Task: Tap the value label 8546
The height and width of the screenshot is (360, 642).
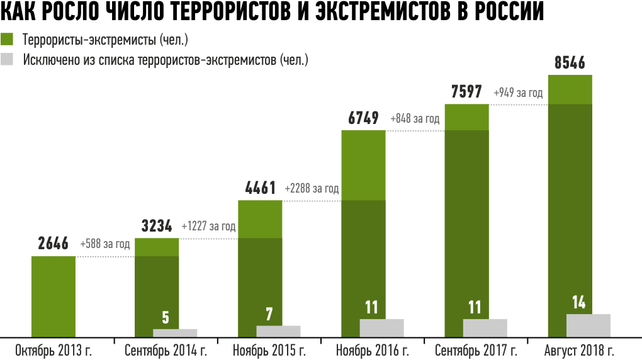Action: click(x=570, y=63)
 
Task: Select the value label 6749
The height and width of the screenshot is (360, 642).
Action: click(x=363, y=118)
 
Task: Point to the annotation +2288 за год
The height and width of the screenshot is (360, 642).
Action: click(x=312, y=188)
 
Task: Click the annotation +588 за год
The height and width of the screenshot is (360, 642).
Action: click(x=105, y=244)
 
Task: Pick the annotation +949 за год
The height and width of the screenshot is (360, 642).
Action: click(x=518, y=93)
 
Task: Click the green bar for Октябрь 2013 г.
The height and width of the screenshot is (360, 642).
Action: click(x=53, y=296)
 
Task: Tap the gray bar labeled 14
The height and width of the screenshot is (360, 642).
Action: click(x=588, y=325)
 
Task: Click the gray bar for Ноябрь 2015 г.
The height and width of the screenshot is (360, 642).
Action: click(x=278, y=331)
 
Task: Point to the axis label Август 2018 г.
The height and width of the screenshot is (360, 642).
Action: click(x=580, y=351)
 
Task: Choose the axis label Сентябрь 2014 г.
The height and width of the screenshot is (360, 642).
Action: click(x=166, y=351)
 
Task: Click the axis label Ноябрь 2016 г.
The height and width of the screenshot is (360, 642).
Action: click(x=373, y=351)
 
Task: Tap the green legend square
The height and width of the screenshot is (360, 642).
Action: click(x=7, y=40)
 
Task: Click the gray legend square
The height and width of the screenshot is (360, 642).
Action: click(x=7, y=60)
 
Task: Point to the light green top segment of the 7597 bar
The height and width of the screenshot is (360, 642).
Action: click(x=467, y=117)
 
